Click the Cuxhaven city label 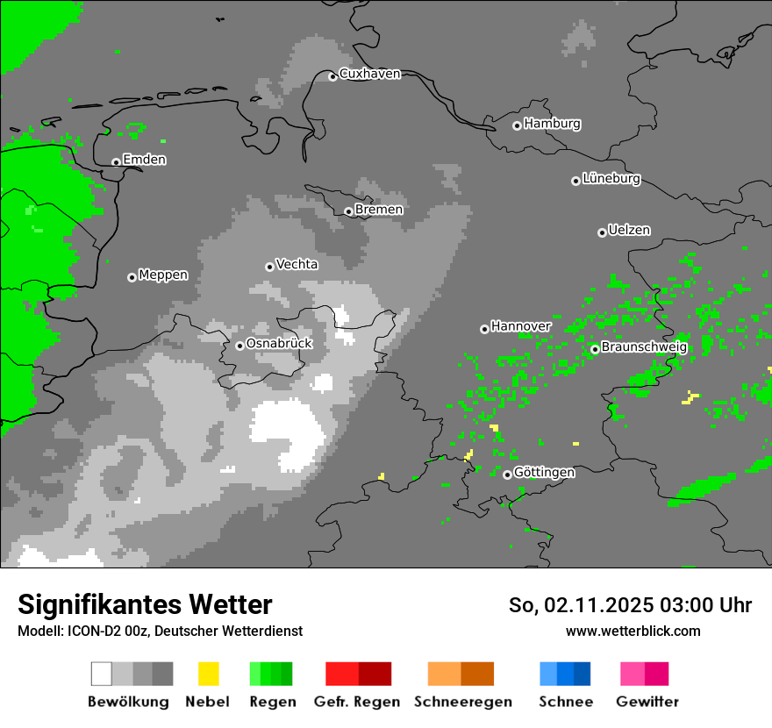[369, 75]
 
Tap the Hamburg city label [552, 124]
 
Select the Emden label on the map [144, 160]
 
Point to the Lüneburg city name [611, 179]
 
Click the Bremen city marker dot [348, 211]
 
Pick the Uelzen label [629, 231]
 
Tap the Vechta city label [297, 265]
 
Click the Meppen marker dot [132, 277]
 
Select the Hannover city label [520, 326]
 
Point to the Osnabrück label [279, 344]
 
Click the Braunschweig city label [644, 347]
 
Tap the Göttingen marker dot [507, 475]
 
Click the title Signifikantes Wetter [145, 604]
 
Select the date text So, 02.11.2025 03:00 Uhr [630, 605]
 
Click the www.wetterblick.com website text [633, 631]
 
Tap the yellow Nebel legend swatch [208, 674]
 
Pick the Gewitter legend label [647, 702]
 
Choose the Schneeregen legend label [462, 702]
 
